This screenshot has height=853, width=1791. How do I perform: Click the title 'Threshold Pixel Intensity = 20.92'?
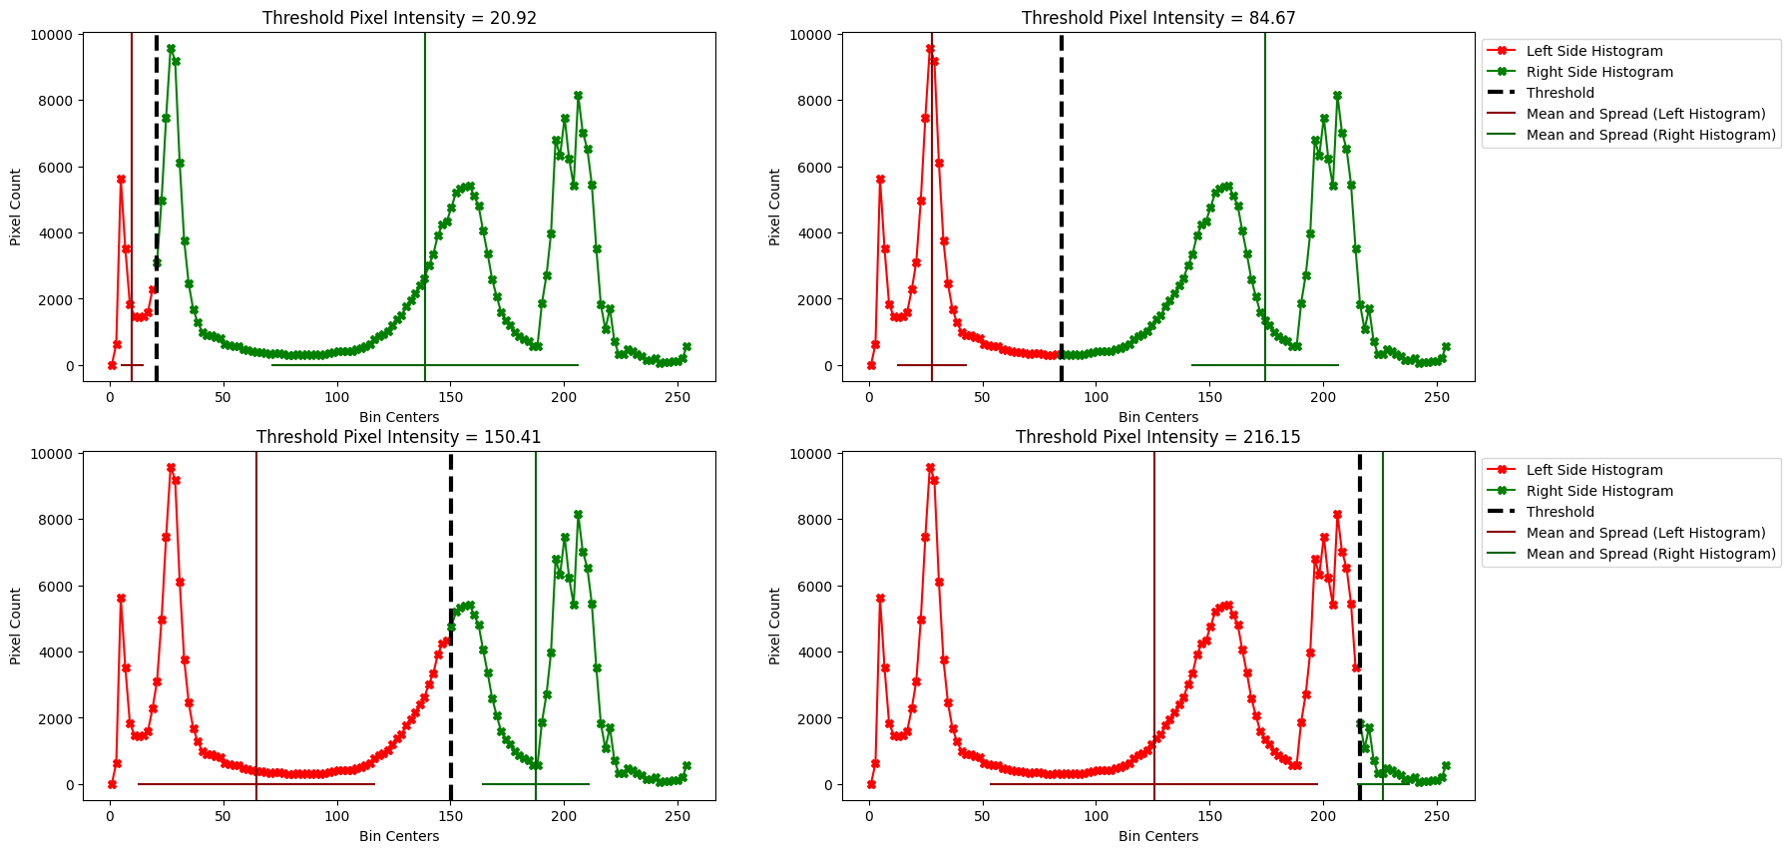[399, 18]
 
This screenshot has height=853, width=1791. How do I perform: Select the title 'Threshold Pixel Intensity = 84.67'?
[1158, 18]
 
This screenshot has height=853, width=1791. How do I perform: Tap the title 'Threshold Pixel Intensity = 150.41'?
[399, 437]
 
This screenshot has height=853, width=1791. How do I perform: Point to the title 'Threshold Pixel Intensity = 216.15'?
[1158, 437]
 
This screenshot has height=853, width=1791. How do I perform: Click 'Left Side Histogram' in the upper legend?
[1594, 51]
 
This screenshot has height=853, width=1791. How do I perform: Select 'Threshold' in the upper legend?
[1561, 93]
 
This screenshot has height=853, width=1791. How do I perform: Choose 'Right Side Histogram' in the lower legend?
[1599, 491]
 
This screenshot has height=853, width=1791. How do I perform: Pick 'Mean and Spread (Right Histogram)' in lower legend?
[1651, 554]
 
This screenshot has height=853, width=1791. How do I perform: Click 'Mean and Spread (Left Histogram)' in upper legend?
[1645, 114]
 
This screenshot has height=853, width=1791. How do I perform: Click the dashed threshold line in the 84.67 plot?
[1062, 200]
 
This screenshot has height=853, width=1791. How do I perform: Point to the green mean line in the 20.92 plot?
[425, 200]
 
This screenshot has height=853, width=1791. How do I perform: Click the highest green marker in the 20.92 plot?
[172, 49]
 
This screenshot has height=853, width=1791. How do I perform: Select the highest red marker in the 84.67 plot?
[930, 49]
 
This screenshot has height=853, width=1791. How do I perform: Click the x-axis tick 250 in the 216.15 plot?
[1436, 817]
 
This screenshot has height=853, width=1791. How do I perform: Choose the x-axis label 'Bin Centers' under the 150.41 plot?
[399, 836]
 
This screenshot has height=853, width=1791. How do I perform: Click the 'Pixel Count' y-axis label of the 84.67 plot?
[775, 208]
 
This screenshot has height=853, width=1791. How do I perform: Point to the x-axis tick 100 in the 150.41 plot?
[337, 817]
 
